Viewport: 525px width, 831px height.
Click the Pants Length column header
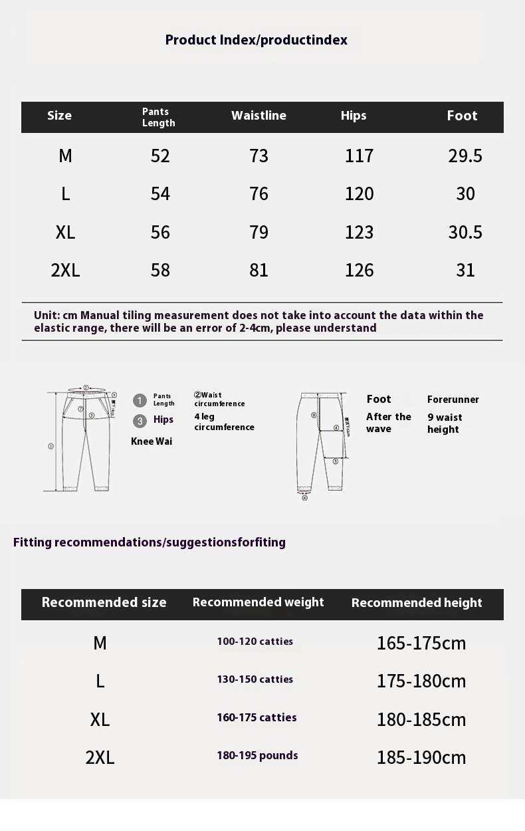(x=159, y=117)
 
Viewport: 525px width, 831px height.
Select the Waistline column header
(x=259, y=116)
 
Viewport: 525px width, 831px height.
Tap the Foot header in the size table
(x=462, y=116)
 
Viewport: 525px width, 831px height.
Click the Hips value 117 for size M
(x=359, y=156)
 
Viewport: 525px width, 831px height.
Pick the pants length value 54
(x=160, y=193)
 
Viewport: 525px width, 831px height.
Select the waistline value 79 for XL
(x=259, y=232)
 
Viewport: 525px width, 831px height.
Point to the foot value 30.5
(x=465, y=232)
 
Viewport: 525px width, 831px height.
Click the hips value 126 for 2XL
(x=359, y=270)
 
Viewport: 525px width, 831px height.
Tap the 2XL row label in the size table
(x=65, y=270)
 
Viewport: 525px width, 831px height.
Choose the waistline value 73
(x=259, y=156)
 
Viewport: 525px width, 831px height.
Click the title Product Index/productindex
(x=256, y=40)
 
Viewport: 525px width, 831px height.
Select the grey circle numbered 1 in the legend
(x=140, y=400)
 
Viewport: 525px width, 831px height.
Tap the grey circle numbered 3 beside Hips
(x=140, y=421)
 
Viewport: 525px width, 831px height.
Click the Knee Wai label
(x=152, y=441)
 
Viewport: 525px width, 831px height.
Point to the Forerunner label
(x=453, y=400)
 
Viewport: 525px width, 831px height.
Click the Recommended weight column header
(x=258, y=602)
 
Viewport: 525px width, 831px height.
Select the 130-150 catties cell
(x=255, y=679)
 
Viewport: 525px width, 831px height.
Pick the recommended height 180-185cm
(x=421, y=719)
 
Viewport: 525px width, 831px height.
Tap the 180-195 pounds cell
(x=257, y=755)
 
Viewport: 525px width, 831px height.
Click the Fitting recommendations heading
(x=150, y=542)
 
